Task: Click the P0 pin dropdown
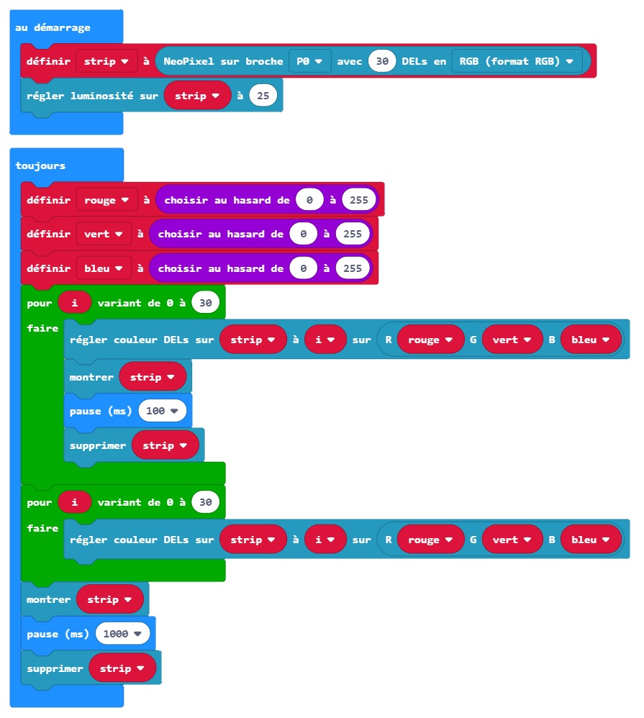309,61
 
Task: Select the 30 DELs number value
382,61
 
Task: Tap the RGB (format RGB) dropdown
517,61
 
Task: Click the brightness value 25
263,96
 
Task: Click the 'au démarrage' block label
53,27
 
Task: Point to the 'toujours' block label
40,165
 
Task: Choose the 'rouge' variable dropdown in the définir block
106,200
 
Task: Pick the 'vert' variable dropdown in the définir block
103,234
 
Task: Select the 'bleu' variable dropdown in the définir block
103,268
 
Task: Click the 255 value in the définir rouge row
360,200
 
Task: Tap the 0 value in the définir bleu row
304,268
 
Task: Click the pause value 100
162,411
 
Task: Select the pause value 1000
122,634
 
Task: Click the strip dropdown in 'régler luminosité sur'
197,96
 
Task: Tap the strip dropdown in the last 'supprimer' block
122,668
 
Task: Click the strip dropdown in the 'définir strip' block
106,61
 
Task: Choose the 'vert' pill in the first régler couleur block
512,340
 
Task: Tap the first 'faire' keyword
42,328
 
